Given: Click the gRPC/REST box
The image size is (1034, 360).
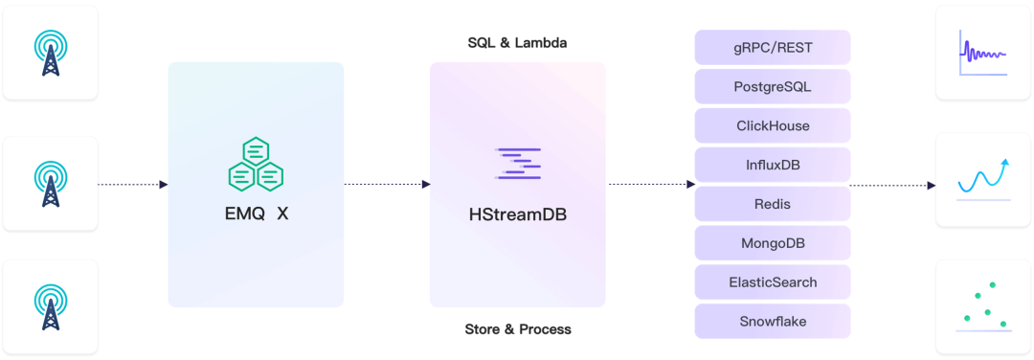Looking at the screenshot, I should point(773,47).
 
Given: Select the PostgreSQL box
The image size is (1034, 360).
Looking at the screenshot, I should point(773,86).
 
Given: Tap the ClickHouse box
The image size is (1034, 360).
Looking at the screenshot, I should point(773,125).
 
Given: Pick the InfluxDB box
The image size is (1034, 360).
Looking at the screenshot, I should point(773,165).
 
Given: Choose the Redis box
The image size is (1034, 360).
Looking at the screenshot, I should point(773,204).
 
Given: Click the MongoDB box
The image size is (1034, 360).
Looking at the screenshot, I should point(773,243).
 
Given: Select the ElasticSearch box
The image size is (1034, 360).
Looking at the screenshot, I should point(773,282).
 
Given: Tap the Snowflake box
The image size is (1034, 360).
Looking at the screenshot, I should point(773,322).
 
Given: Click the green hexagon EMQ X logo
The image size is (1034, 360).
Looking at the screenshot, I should point(256,164).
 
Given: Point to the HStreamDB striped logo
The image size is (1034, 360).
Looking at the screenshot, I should point(518,164).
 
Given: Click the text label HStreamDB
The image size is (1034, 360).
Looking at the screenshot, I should point(518,214).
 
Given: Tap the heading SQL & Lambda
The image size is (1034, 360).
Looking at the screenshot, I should point(517,43).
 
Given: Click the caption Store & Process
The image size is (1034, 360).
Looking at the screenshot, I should point(518,329).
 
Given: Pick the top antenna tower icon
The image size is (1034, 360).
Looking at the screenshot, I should point(50,54).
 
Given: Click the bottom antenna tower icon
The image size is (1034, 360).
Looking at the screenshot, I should point(50,306).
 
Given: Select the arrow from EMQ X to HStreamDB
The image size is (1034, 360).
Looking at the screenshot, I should point(387,184).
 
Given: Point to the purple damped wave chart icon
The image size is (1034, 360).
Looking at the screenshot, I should point(983,53).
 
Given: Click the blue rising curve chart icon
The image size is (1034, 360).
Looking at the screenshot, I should point(983,179).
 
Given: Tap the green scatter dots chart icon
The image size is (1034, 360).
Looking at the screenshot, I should point(983,307).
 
